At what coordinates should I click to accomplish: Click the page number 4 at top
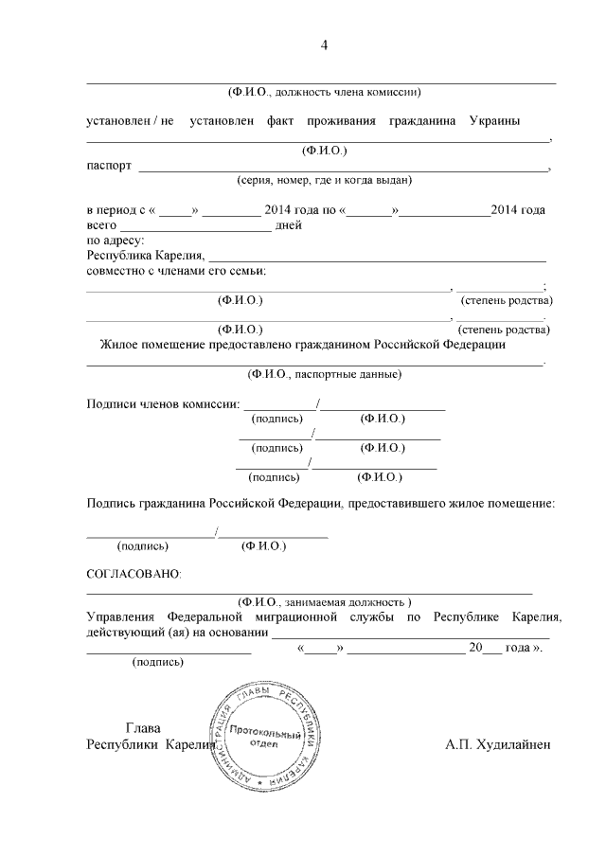[x=324, y=45]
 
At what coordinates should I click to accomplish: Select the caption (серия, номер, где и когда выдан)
[x=324, y=179]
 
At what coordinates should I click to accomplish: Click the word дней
[x=288, y=225]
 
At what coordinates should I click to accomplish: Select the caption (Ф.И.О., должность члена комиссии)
[x=324, y=92]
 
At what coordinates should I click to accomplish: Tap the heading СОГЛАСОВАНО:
[x=134, y=574]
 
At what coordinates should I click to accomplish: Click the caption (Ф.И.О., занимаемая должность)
[x=324, y=602]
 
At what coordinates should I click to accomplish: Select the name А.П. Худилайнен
[x=497, y=744]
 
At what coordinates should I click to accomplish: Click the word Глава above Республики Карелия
[x=143, y=727]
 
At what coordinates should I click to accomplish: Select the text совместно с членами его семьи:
[x=176, y=271]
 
